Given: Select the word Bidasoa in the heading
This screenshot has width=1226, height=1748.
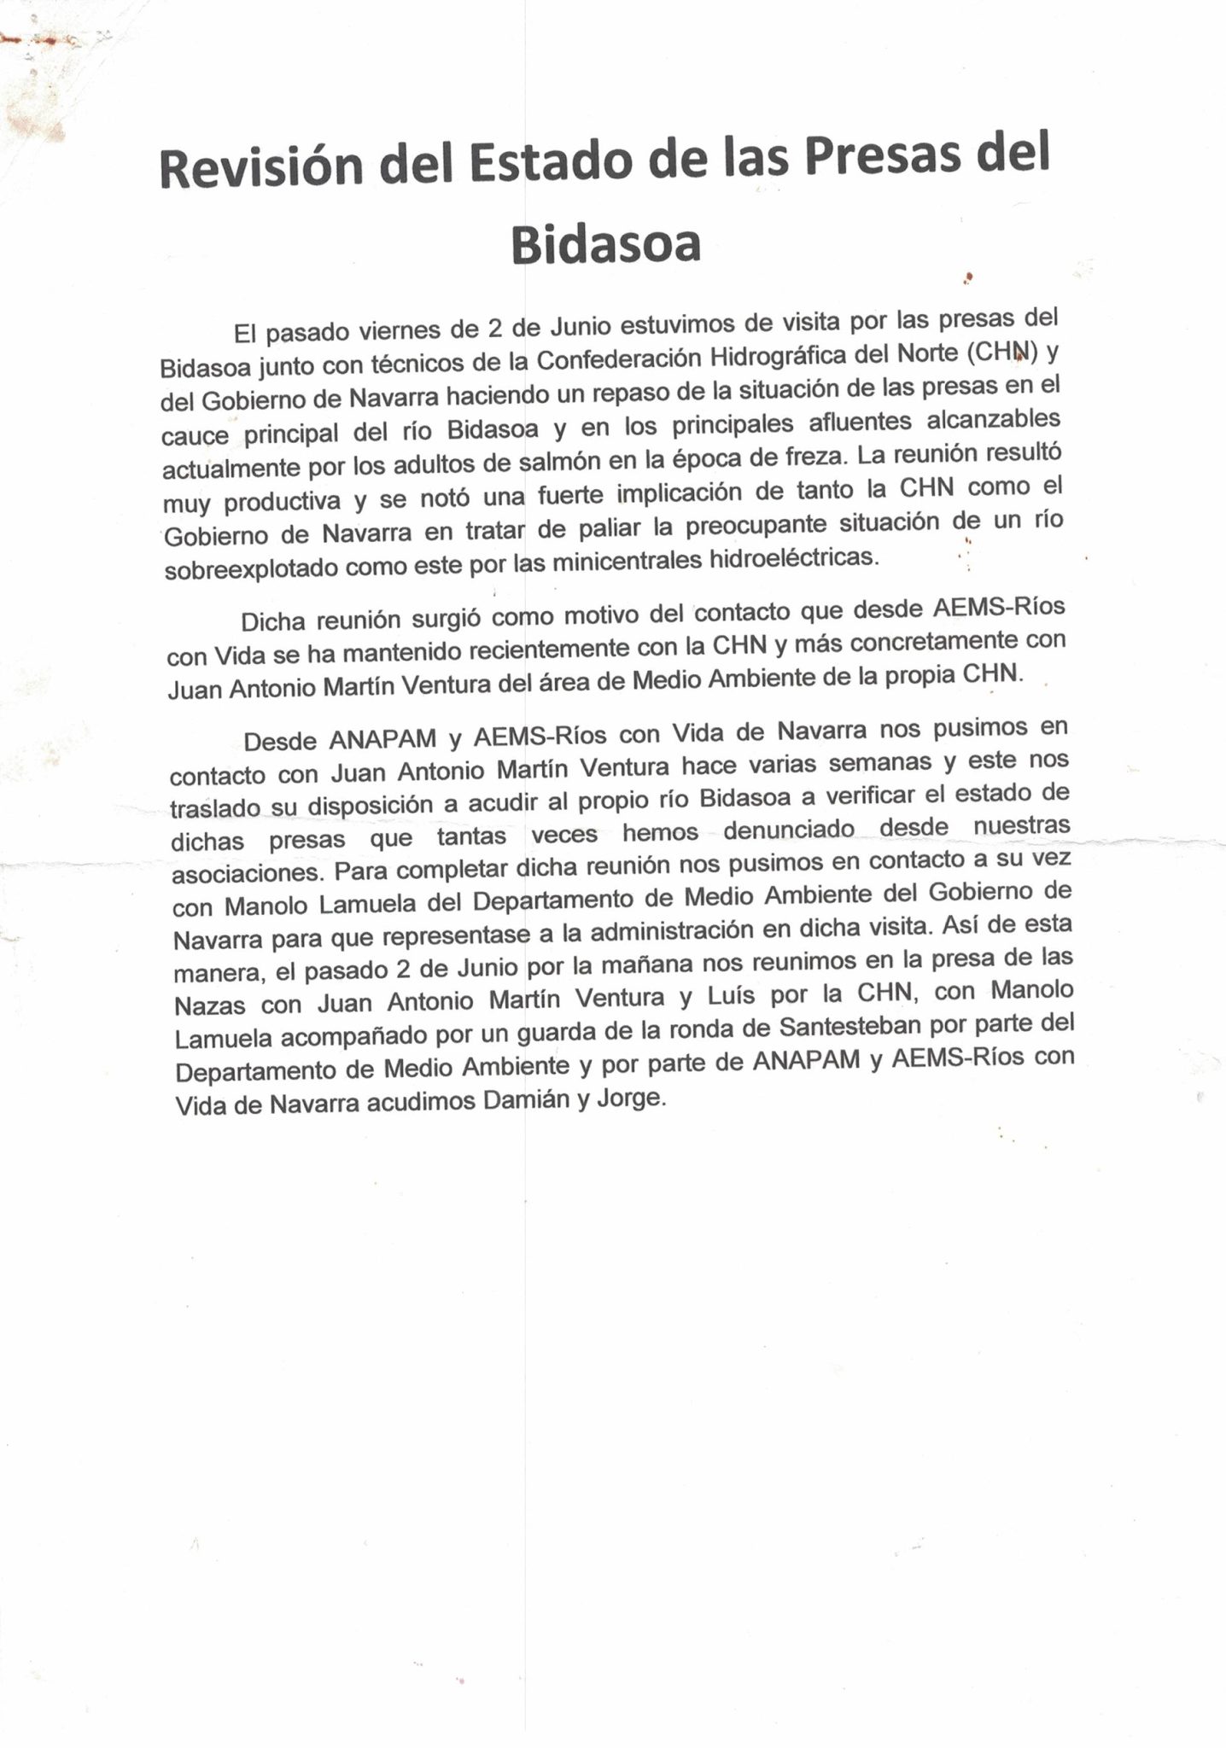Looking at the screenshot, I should click(605, 244).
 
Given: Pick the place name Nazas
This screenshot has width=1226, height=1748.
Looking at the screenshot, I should click(210, 1005).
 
